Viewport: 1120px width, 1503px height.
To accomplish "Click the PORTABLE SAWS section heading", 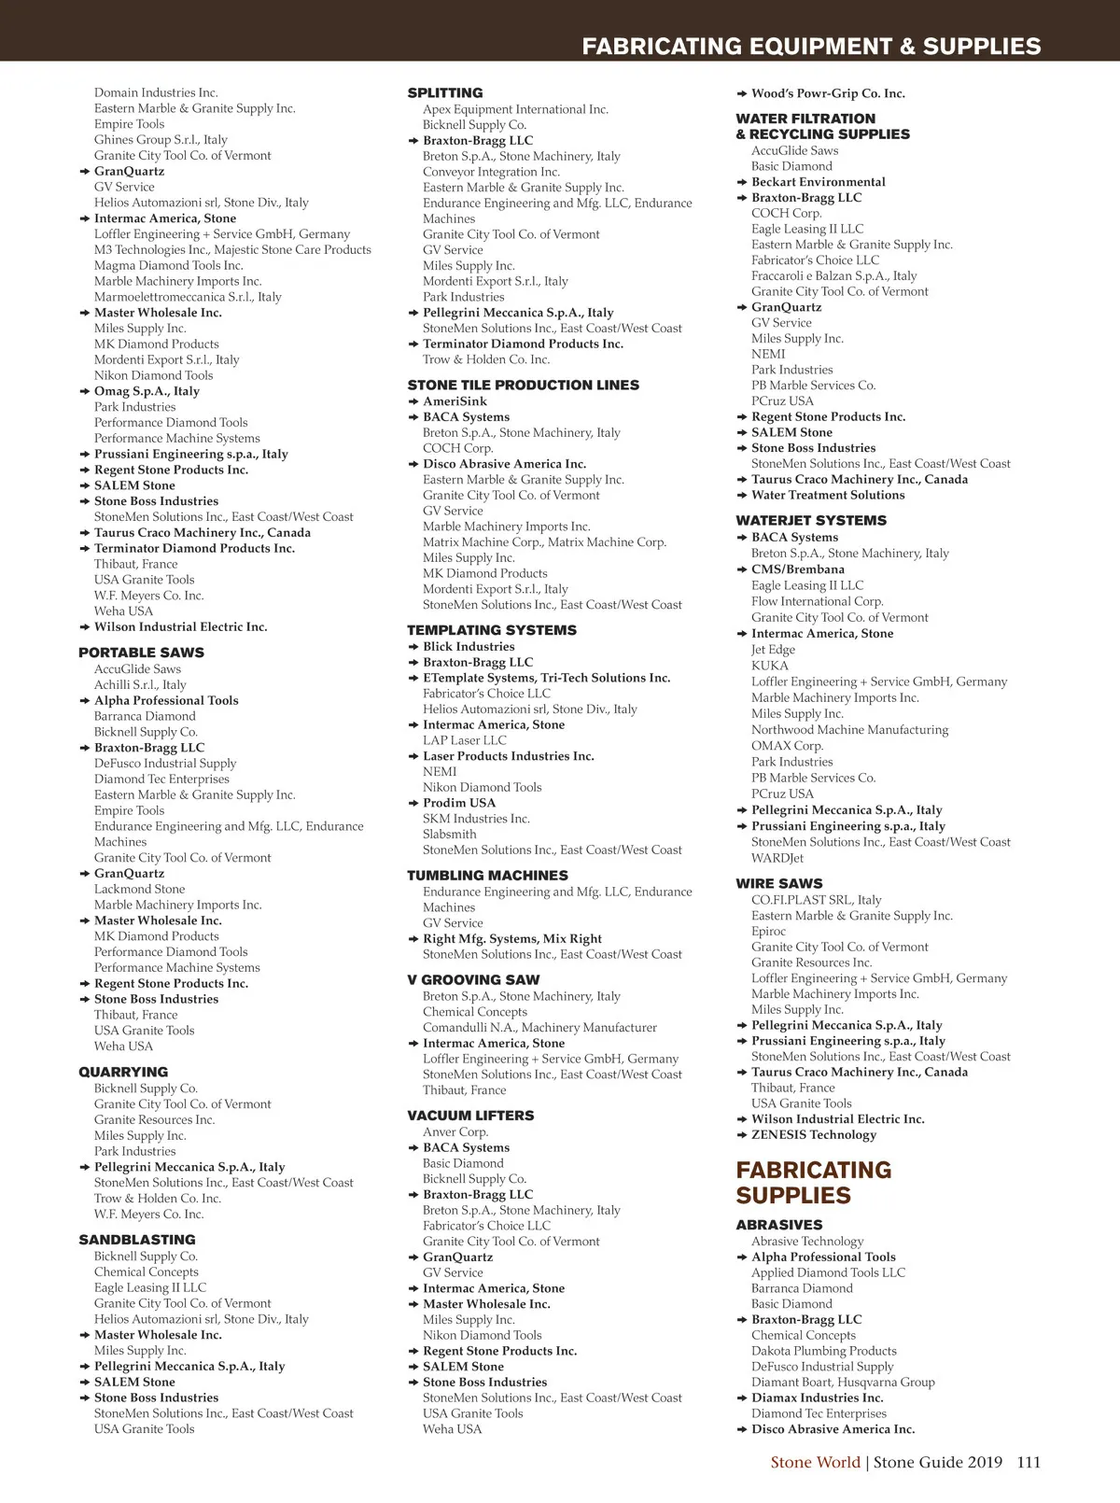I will tap(141, 653).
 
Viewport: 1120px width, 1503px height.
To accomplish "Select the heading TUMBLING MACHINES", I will tap(487, 876).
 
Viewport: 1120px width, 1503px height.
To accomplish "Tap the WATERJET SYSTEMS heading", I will tap(811, 521).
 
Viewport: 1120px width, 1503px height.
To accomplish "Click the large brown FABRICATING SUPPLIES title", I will tap(813, 1183).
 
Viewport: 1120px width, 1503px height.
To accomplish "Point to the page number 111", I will tap(1029, 1463).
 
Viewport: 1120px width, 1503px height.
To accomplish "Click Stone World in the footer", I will tap(815, 1463).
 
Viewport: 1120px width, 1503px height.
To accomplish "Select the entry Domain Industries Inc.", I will tap(156, 92).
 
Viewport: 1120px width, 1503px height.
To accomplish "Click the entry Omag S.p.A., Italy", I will tap(147, 391).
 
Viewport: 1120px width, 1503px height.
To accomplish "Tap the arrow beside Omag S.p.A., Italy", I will tap(85, 391).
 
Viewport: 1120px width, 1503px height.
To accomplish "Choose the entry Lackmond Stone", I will tap(139, 889).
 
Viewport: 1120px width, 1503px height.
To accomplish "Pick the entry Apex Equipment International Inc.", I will tap(515, 109).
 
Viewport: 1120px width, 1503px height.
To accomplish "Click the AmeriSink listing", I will tap(455, 401).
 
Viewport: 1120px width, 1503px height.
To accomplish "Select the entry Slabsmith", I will tap(449, 835).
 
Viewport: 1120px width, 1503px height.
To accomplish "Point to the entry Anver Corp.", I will tap(455, 1131).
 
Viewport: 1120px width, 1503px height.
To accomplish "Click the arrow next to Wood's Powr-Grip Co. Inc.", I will tap(742, 93).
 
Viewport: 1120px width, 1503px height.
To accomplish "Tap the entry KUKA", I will tap(770, 666).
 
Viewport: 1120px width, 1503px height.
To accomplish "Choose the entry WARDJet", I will tap(777, 858).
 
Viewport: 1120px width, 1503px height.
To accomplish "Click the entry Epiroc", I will tap(769, 931).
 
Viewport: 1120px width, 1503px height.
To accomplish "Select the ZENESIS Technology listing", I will tap(814, 1135).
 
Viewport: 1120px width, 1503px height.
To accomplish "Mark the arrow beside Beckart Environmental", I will tap(742, 182).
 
